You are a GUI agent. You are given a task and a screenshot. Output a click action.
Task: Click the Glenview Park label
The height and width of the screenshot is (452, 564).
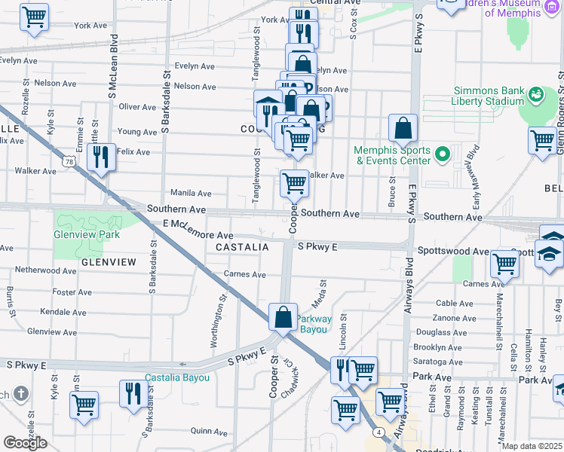87,234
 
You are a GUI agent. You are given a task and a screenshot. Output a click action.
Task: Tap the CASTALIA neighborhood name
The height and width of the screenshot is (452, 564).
242,247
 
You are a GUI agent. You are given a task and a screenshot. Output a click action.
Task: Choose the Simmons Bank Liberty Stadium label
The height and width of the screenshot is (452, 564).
488,96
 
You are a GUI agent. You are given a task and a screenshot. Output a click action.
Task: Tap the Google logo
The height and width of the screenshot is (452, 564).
25,443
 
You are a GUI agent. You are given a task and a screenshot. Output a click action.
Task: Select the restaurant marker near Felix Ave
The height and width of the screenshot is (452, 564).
100,157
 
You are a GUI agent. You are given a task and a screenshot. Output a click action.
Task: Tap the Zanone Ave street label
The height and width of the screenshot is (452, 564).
454,318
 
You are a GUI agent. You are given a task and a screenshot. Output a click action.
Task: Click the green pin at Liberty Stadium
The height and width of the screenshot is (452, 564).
536,94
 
